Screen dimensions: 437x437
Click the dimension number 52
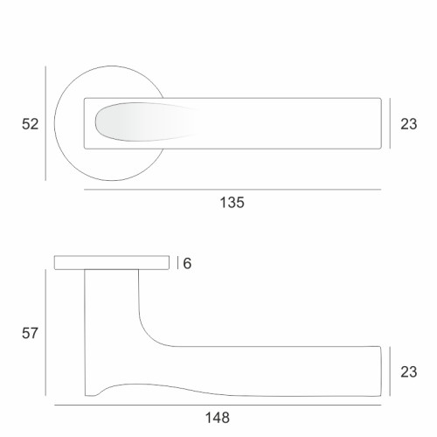point(30,124)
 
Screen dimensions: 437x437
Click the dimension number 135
point(232,203)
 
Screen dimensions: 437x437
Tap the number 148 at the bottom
point(218,418)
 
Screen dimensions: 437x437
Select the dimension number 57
point(30,333)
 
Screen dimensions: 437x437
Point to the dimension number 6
point(187,263)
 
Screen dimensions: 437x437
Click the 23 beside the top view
point(408,124)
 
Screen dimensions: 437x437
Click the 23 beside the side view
point(408,371)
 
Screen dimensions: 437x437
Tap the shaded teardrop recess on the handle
point(140,121)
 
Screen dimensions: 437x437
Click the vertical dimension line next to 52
point(45,123)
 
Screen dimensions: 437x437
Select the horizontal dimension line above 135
point(232,190)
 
